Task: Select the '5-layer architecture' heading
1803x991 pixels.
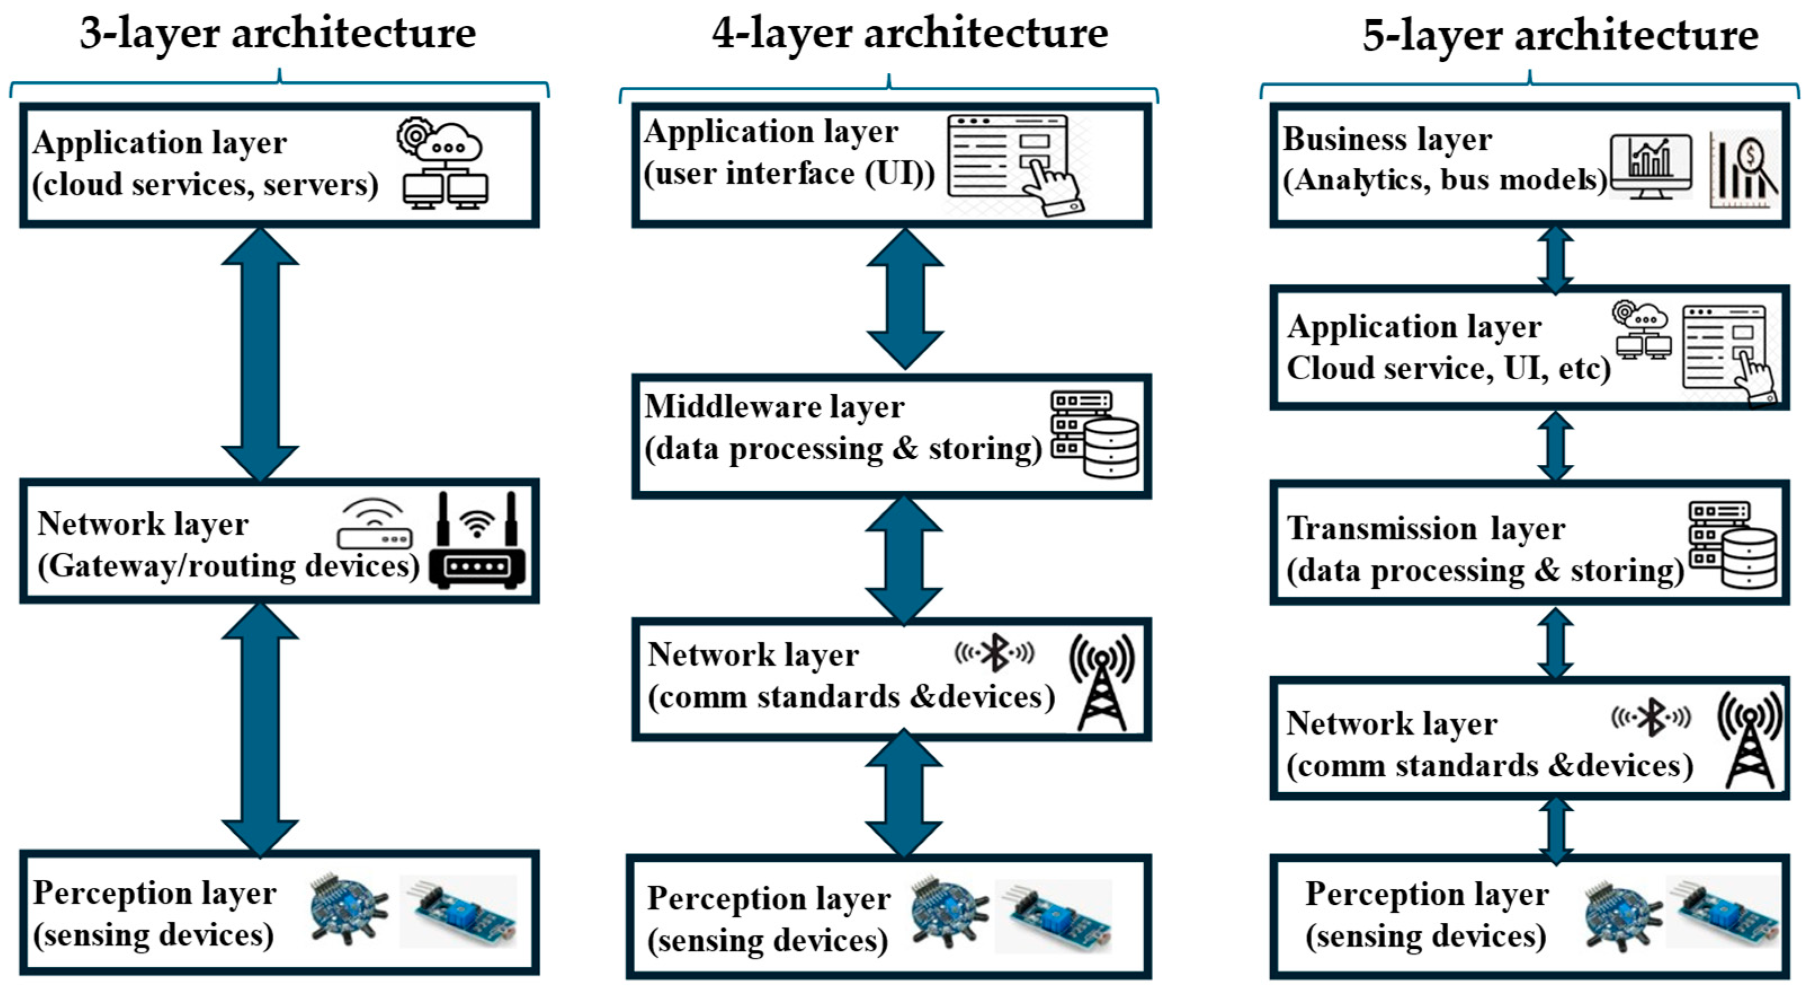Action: click(x=1560, y=35)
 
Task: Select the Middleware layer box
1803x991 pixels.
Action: click(x=891, y=435)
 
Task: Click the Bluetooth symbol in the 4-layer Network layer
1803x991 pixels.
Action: click(x=994, y=654)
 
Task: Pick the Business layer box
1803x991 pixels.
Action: click(x=1529, y=165)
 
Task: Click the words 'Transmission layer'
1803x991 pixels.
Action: click(x=1426, y=528)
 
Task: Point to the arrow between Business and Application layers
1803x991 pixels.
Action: click(x=1555, y=257)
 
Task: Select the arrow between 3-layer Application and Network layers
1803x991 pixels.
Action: click(x=260, y=354)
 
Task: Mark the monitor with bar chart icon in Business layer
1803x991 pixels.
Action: click(x=1650, y=167)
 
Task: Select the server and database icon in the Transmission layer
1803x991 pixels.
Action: click(x=1731, y=545)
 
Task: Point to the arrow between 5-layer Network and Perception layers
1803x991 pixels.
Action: click(x=1555, y=832)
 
